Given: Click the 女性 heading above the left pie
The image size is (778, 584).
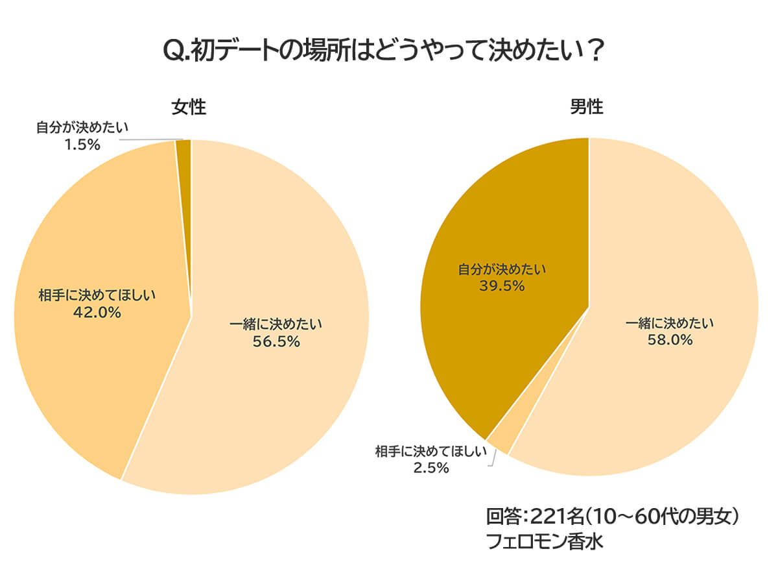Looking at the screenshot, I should coord(189,107).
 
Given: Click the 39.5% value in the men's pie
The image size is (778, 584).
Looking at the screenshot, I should coord(501,286).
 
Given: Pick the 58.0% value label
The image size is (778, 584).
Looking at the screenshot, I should coord(670,339).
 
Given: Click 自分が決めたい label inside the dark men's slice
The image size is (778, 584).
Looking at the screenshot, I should coord(501,269).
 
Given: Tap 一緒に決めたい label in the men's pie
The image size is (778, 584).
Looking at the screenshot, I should coord(670,322).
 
